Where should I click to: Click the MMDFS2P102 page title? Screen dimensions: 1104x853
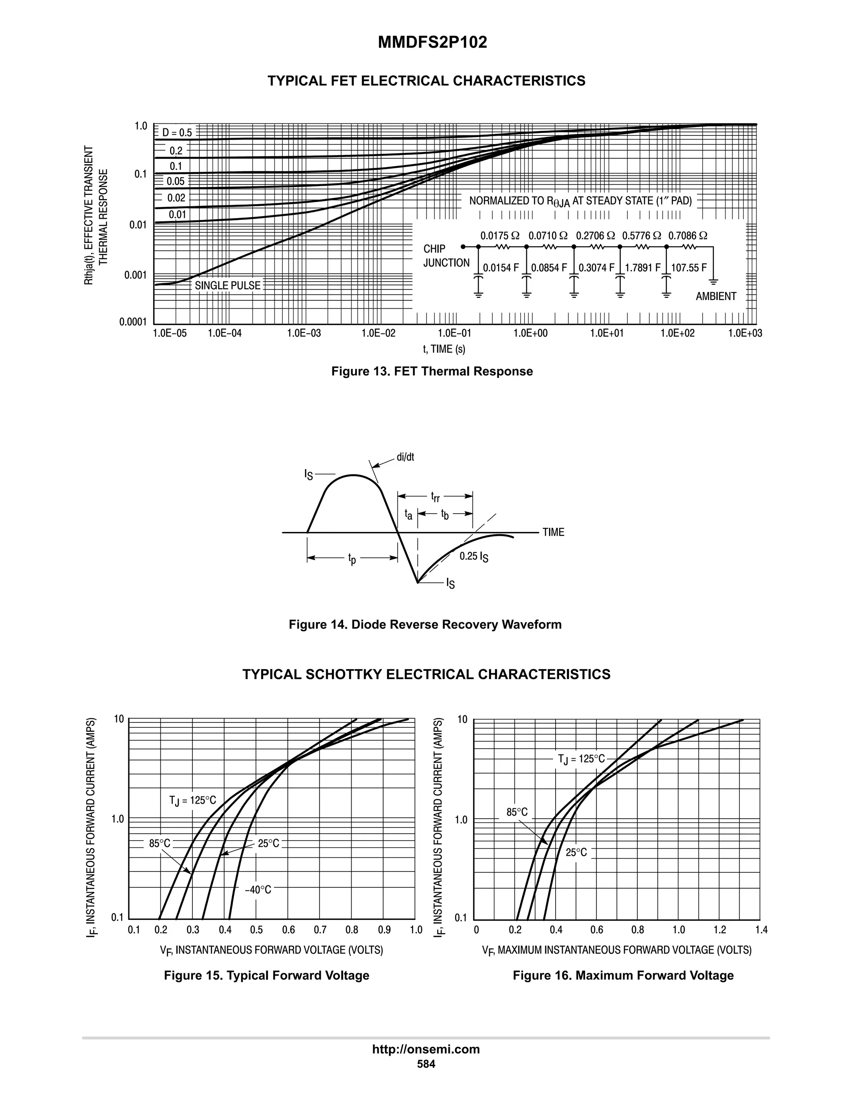tap(432, 42)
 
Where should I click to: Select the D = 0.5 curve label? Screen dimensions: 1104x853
tap(177, 133)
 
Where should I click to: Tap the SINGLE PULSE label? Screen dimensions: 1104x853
tap(227, 286)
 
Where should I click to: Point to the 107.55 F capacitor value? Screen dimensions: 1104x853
tap(689, 268)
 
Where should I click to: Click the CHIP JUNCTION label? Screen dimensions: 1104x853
tap(446, 256)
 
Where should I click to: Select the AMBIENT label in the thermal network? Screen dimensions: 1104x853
tap(716, 297)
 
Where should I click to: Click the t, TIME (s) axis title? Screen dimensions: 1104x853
tap(444, 349)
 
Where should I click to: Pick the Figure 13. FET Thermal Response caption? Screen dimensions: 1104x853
tap(431, 372)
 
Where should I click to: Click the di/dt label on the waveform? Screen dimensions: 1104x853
tap(405, 457)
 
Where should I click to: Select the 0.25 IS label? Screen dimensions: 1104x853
tap(474, 557)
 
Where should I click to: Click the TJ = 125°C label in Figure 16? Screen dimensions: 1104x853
tap(581, 759)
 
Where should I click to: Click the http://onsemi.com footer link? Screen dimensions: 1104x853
tap(426, 1049)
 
